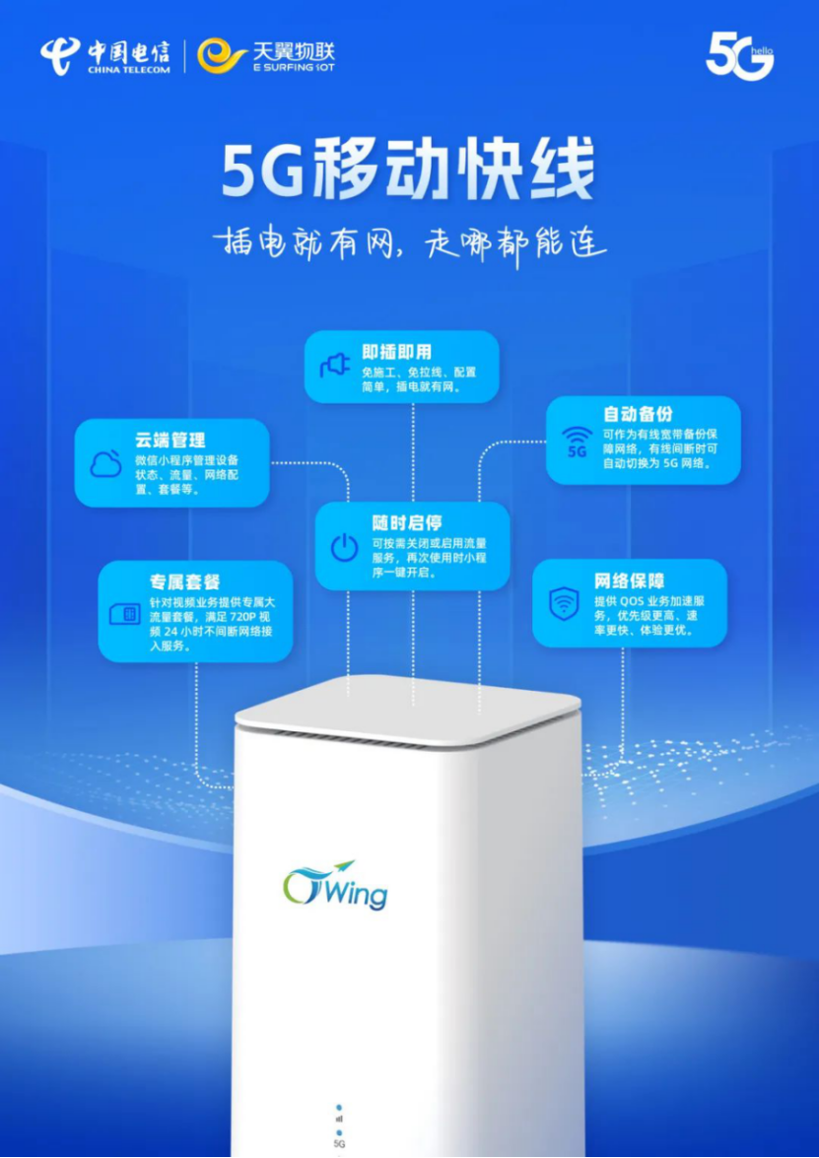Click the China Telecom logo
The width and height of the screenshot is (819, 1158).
pos(104,55)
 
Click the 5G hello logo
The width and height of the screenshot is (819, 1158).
pos(739,56)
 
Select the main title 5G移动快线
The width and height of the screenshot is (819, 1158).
pos(408,171)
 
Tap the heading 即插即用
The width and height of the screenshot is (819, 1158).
pos(396,352)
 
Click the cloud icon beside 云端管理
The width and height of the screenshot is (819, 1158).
pos(106,463)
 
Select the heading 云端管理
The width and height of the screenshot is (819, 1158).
pos(171,440)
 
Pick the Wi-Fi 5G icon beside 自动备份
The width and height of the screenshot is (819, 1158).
pos(577,442)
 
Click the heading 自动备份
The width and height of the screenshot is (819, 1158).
pos(638,414)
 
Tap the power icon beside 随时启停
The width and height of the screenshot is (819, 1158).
pos(344,547)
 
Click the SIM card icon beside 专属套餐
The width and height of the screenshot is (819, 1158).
pos(125,614)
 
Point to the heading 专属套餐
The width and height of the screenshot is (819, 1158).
pos(184,581)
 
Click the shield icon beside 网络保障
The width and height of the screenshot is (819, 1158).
pos(564,603)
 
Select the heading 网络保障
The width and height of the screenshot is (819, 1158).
pos(629,579)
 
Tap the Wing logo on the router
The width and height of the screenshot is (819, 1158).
pos(335,884)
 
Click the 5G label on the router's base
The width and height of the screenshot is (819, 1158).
pos(339,1143)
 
